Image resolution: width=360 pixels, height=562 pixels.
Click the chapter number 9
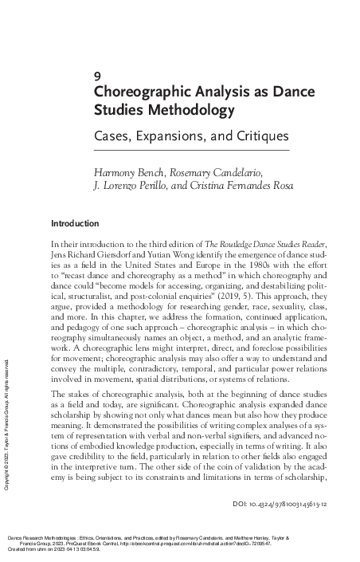97,77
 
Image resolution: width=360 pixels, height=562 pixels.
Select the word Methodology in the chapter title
176,108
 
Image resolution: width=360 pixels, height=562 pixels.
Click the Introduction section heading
75,223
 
